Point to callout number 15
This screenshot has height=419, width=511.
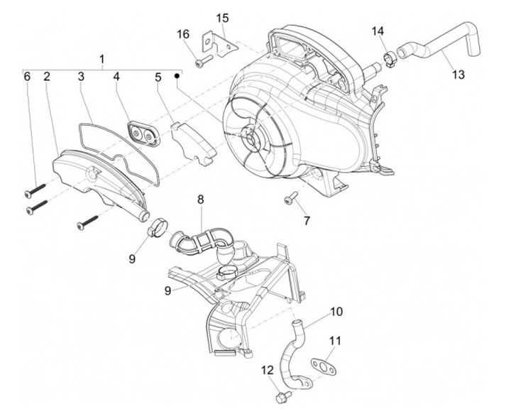[x=223, y=18]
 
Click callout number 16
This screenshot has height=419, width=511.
[x=183, y=34]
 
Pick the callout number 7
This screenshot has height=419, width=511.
[x=307, y=221]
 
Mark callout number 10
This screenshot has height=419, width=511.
[x=336, y=312]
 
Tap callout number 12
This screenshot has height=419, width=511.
[x=267, y=369]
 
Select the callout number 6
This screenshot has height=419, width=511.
[x=28, y=76]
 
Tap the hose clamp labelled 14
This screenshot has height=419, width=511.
[x=388, y=58]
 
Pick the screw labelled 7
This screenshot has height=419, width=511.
[x=292, y=197]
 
